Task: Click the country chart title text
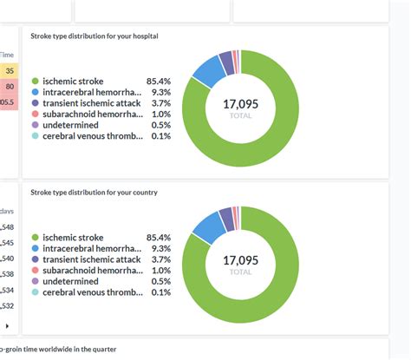(x=94, y=192)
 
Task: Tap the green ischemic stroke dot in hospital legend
(x=35, y=81)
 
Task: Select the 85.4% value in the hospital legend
(x=159, y=81)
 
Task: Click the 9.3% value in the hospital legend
(x=160, y=92)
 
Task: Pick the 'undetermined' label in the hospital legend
(x=71, y=125)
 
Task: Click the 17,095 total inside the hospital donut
(x=240, y=104)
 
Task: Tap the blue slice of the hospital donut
(x=206, y=72)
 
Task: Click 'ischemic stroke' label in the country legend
(x=73, y=238)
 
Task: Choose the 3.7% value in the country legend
(x=160, y=259)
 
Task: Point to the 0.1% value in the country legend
(x=160, y=292)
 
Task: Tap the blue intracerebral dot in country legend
(x=35, y=249)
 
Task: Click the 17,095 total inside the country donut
(x=240, y=260)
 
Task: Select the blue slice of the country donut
(x=206, y=227)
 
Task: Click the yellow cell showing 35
(x=9, y=71)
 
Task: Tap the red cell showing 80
(x=9, y=87)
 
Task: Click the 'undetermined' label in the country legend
(x=71, y=281)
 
